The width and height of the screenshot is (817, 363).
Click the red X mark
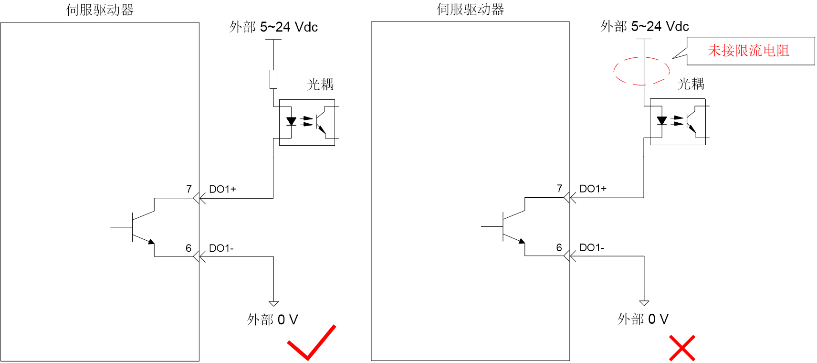682,348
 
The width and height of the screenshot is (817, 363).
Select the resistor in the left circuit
273,79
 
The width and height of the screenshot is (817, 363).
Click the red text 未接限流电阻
748,51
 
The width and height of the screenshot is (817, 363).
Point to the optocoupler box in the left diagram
307,100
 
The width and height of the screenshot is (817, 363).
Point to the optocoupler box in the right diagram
678,99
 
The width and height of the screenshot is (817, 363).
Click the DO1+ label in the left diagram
222,189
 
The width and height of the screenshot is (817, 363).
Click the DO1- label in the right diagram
592,247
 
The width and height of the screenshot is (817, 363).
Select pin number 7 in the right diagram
559,189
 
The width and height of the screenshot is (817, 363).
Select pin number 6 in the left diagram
189,248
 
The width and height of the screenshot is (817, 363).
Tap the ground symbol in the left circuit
273,303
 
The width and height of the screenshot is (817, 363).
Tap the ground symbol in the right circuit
644,303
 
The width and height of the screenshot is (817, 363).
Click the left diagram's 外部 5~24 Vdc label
273,27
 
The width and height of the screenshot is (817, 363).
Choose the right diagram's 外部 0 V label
643,319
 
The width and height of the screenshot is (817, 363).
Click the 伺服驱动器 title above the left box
100,10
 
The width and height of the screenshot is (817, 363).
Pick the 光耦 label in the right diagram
691,84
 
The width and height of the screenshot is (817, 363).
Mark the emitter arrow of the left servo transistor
151,241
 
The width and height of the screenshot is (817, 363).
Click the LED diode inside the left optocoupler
291,121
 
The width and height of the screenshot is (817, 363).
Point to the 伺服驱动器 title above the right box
470,9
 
